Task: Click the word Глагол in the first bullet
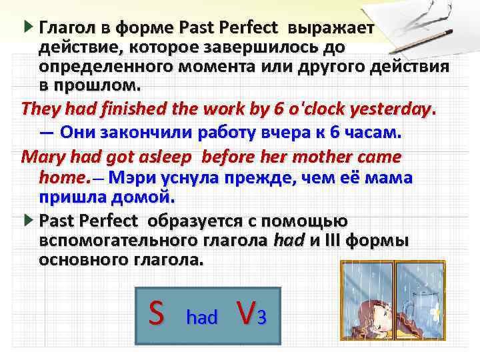(x=65, y=29)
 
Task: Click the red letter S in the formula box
(x=155, y=313)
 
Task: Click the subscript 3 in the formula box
(x=263, y=317)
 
